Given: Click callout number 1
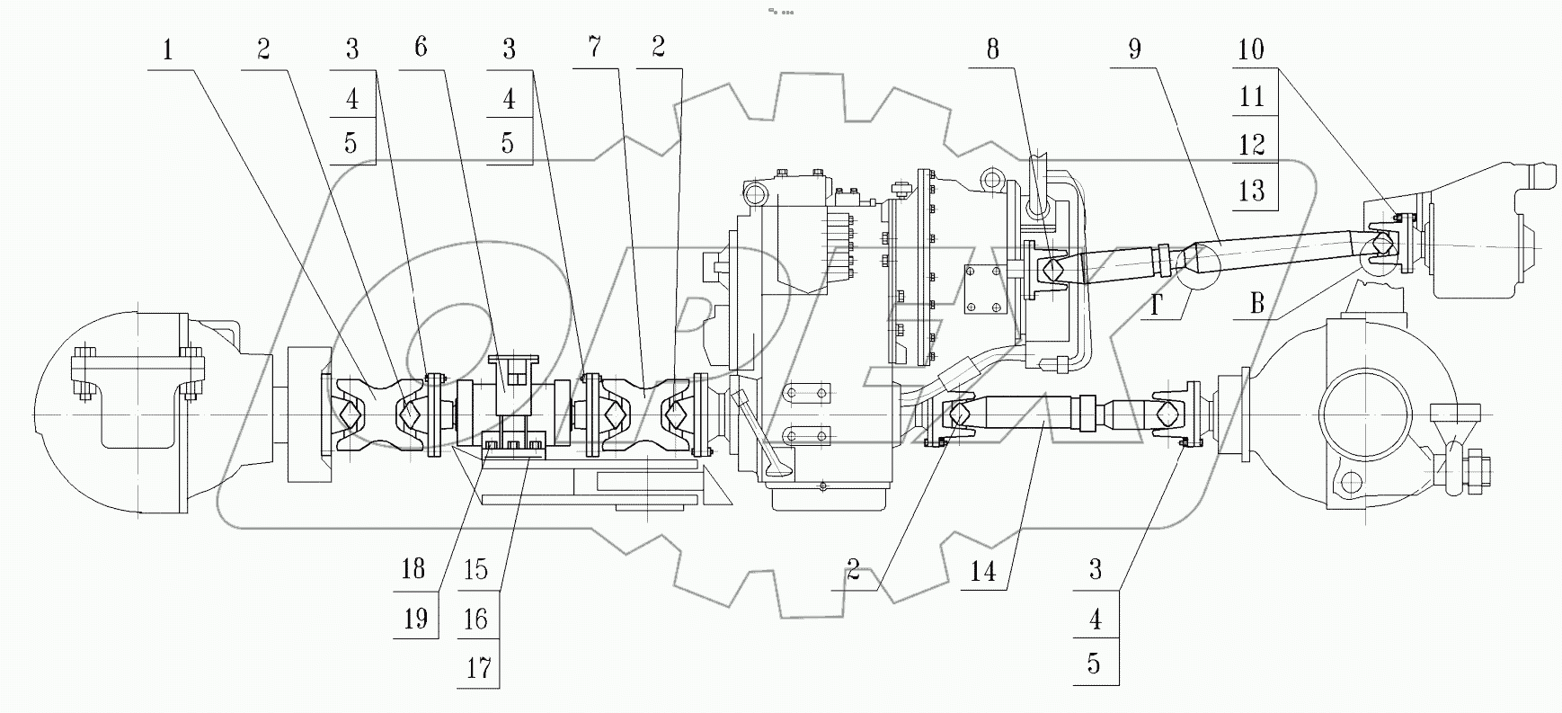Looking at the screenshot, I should tap(167, 49).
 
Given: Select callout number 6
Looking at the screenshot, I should tap(421, 47).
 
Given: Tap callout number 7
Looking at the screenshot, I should tap(594, 47).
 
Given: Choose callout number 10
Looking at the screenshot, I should tap(1251, 49).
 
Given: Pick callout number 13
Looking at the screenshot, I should tap(1251, 191).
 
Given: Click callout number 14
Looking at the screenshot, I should tap(983, 571).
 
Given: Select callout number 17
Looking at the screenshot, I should tap(478, 667).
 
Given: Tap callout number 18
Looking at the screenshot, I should tap(413, 569).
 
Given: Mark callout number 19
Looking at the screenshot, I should tap(414, 619).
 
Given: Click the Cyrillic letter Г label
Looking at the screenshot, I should tap(1158, 307).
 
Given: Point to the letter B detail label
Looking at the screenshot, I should tap(1256, 304).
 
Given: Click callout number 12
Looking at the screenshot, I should tap(1251, 144).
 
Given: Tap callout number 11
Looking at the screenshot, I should tap(1251, 97).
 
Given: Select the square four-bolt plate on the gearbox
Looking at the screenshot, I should tap(985, 290).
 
